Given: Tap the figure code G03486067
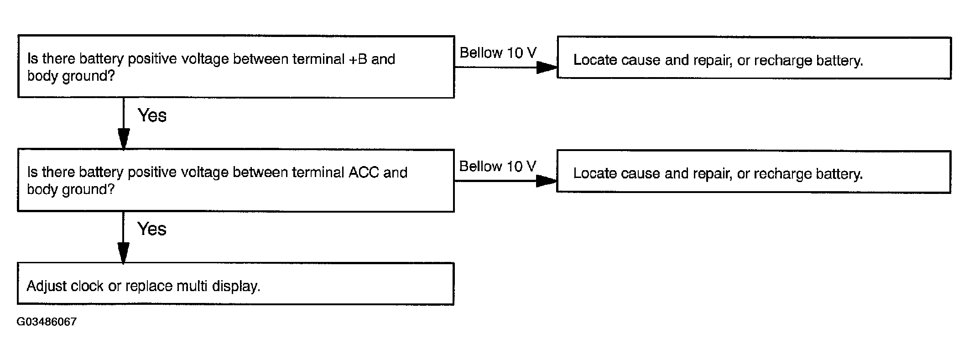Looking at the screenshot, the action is click(47, 322).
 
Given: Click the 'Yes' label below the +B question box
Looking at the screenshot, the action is click(152, 115).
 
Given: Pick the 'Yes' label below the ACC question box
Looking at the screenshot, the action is click(152, 229).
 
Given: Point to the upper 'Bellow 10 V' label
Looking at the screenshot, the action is click(498, 53).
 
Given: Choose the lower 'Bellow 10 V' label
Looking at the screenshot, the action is click(498, 167).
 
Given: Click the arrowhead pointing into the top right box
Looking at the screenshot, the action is click(547, 68).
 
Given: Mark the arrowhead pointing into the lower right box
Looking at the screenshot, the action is click(547, 181).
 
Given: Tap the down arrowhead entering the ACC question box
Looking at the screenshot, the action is click(123, 139).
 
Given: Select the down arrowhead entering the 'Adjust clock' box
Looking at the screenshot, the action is click(123, 253).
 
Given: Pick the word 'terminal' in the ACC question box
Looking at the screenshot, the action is click(318, 172).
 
